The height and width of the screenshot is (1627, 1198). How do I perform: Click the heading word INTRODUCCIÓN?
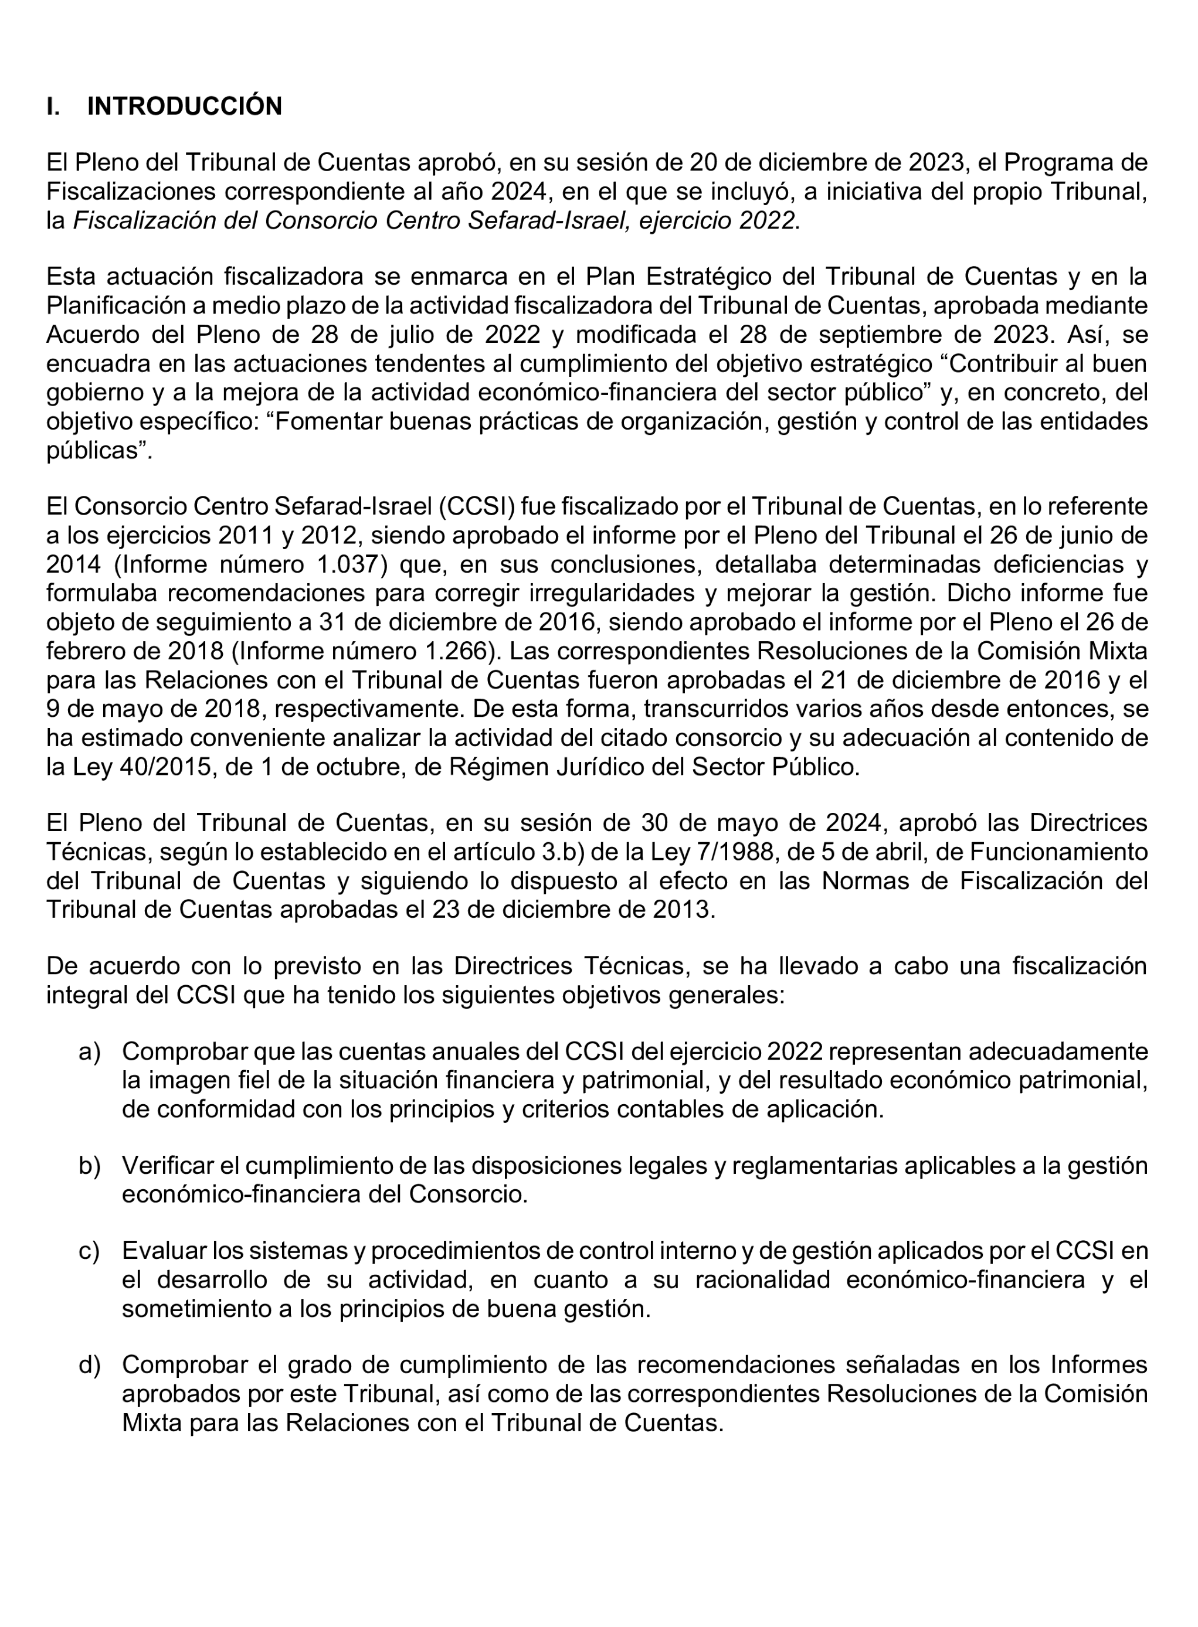click(184, 107)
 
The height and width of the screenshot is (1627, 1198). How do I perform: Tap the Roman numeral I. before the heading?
click(53, 107)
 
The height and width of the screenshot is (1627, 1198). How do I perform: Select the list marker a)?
click(89, 1051)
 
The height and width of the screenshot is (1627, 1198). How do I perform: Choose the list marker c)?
click(89, 1251)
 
